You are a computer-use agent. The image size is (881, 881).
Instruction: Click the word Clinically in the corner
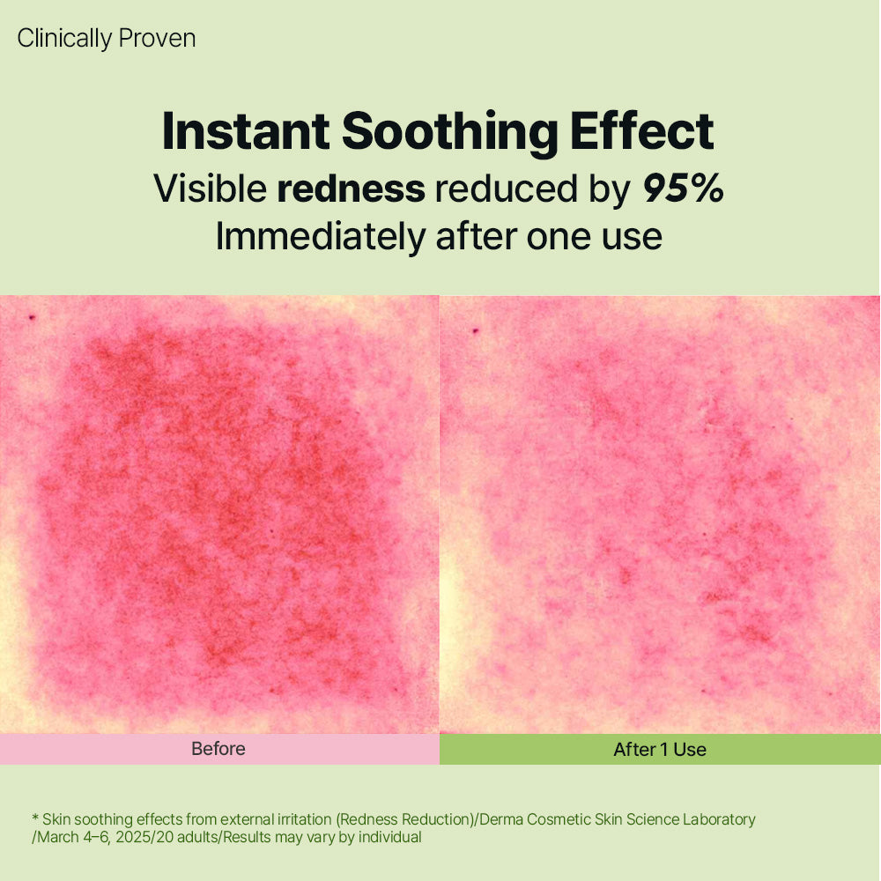[66, 39]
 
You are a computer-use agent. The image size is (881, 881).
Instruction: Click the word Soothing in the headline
[449, 132]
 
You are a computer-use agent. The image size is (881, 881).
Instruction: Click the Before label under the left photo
[218, 749]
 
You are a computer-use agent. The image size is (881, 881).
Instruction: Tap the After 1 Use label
[660, 750]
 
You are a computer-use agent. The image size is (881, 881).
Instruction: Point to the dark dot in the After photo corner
[476, 331]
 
